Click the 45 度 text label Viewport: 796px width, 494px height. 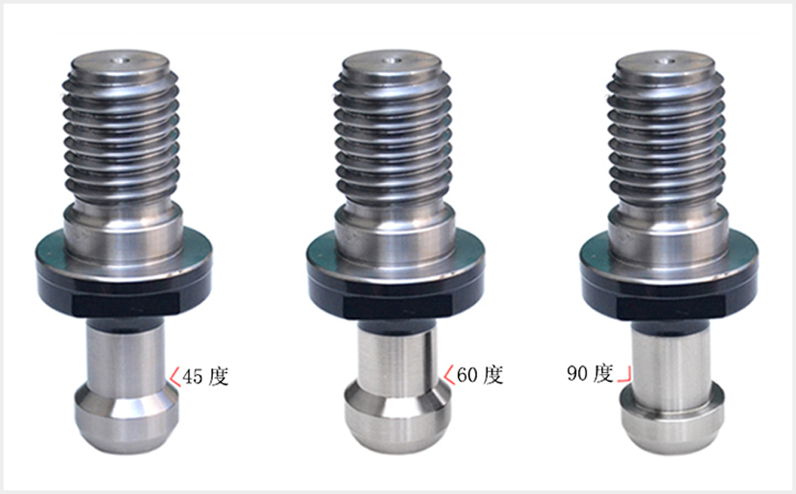pos(205,376)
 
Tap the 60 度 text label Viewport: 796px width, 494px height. pos(480,375)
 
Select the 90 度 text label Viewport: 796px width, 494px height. pos(591,373)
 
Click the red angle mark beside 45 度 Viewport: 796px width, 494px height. pos(175,377)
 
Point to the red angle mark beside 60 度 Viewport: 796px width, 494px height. pos(448,375)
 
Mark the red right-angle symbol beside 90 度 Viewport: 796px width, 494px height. pos(625,375)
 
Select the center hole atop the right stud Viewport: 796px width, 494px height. pos(664,62)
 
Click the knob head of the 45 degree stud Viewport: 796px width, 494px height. pos(127,418)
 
